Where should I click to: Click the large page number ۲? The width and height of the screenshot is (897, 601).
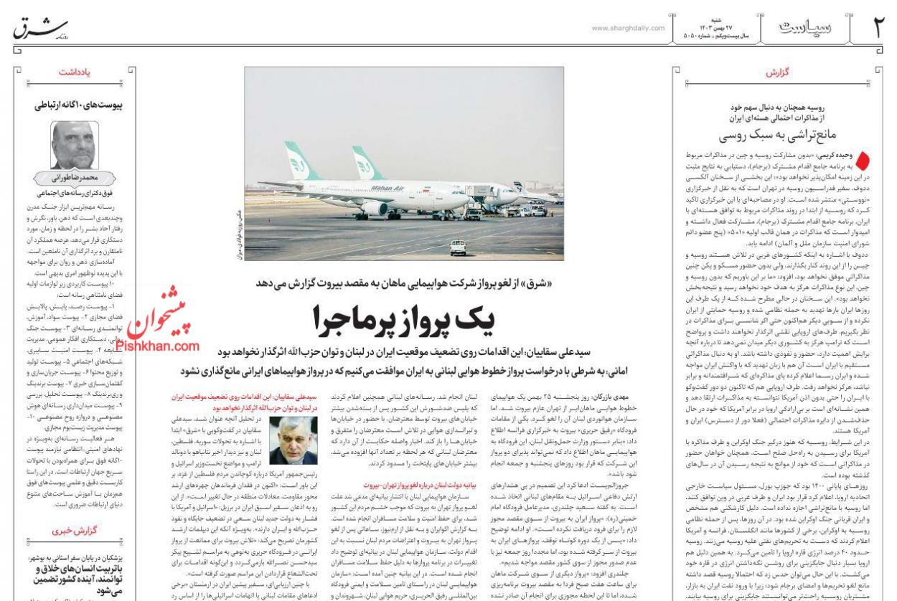pyautogui.click(x=878, y=29)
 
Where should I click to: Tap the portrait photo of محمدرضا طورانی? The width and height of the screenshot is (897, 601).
pyautogui.click(x=75, y=146)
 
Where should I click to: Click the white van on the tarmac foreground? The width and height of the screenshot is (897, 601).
pyautogui.click(x=458, y=247)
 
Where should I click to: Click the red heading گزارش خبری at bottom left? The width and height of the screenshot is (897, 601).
pyautogui.click(x=80, y=531)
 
